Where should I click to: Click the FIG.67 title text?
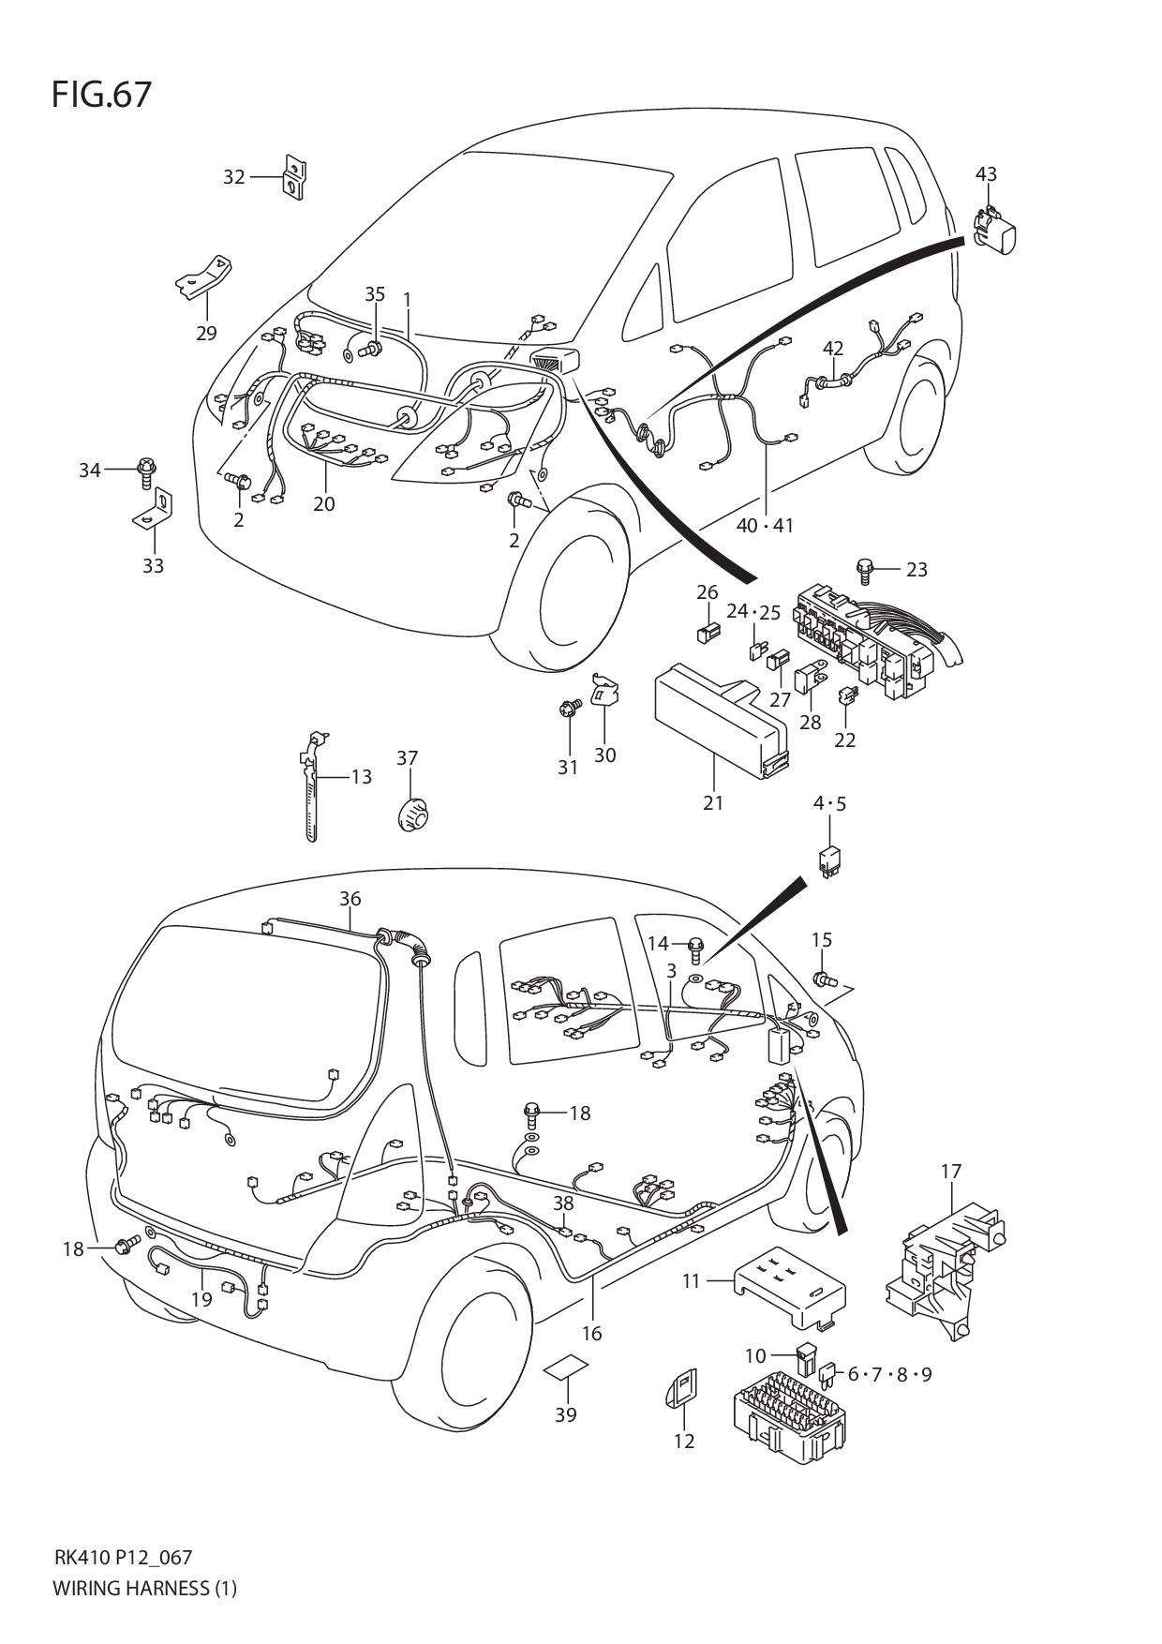click(x=101, y=95)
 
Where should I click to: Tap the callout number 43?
click(x=986, y=174)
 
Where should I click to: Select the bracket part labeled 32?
click(x=295, y=177)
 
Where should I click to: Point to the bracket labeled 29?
click(x=205, y=276)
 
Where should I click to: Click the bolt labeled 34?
click(x=146, y=471)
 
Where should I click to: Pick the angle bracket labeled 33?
click(x=155, y=511)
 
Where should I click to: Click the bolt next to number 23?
click(x=864, y=570)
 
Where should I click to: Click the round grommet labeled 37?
click(x=410, y=812)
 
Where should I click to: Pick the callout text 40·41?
click(x=765, y=526)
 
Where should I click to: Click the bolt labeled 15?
click(x=822, y=980)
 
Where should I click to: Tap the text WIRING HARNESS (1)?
click(x=144, y=1588)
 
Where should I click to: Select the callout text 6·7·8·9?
click(x=889, y=1375)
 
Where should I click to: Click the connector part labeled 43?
click(x=994, y=231)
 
